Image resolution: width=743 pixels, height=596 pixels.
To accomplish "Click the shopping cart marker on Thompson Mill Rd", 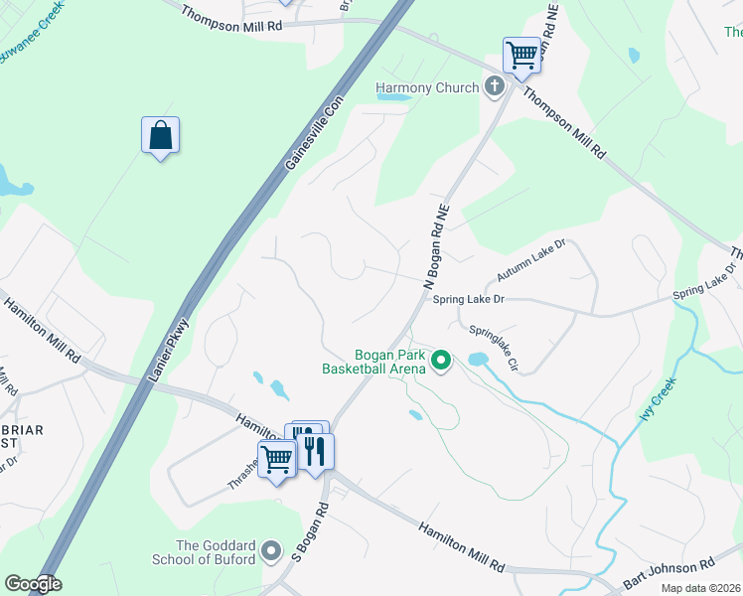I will (x=521, y=56).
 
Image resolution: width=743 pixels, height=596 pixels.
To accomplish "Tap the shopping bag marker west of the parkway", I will (x=160, y=135).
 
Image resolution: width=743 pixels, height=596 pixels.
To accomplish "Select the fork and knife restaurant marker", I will (x=316, y=451).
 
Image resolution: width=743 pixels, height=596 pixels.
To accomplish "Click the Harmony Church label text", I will (x=427, y=88).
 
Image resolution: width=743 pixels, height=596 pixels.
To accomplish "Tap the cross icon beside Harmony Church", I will (x=494, y=87).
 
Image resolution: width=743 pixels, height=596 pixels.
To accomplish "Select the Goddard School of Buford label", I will (x=216, y=552).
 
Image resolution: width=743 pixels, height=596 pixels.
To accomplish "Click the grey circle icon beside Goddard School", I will (x=273, y=549).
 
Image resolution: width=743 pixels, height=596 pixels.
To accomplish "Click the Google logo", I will (x=33, y=584).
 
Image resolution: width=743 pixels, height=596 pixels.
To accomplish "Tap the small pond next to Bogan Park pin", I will (x=478, y=359).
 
